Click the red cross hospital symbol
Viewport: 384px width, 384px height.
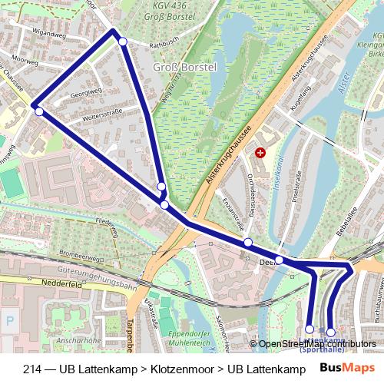(260, 153)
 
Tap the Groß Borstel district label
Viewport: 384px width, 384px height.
(185, 68)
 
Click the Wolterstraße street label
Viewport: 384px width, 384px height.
(98, 120)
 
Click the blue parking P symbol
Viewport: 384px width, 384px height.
(9, 321)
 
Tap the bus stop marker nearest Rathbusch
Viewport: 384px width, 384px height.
(123, 41)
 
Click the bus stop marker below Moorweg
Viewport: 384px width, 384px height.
(38, 112)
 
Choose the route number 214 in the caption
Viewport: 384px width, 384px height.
(32, 368)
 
